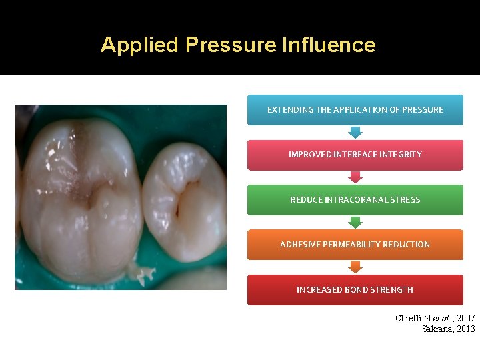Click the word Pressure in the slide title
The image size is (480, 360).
coord(231,45)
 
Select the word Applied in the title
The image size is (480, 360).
coord(140,45)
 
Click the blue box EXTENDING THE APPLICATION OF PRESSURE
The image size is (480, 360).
coord(355,109)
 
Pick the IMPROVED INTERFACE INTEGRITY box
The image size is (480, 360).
coord(355,155)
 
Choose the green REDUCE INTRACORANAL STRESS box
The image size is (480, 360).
coord(355,199)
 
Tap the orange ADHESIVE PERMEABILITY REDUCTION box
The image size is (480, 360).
coord(355,245)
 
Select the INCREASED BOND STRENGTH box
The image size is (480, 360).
coord(355,289)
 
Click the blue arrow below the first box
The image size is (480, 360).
coord(355,132)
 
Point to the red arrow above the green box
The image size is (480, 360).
coord(355,177)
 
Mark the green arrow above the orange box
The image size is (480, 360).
coord(355,222)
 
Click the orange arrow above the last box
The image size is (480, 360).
coord(355,267)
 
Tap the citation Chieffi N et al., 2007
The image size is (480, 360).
coord(435,319)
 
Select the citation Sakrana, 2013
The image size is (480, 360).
coord(449,329)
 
